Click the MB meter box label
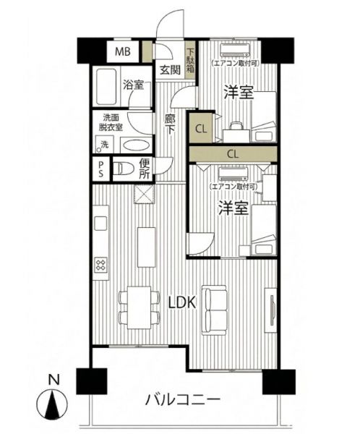[x=123, y=51]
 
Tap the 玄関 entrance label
[x=170, y=69]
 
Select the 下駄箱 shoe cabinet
[x=190, y=60]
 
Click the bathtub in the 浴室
[x=106, y=86]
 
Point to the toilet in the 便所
[x=124, y=169]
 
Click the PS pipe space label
[x=101, y=169]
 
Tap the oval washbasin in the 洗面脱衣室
[x=136, y=145]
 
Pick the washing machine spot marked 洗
[x=104, y=144]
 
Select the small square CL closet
[x=201, y=129]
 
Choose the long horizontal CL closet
[x=233, y=154]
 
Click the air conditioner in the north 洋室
[x=235, y=51]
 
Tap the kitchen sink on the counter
[x=100, y=224]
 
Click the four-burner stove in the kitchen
[x=100, y=265]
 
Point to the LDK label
[x=183, y=303]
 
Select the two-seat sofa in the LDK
[x=214, y=310]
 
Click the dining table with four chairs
[x=140, y=307]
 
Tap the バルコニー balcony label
[x=183, y=400]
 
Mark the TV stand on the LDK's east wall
[x=270, y=310]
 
